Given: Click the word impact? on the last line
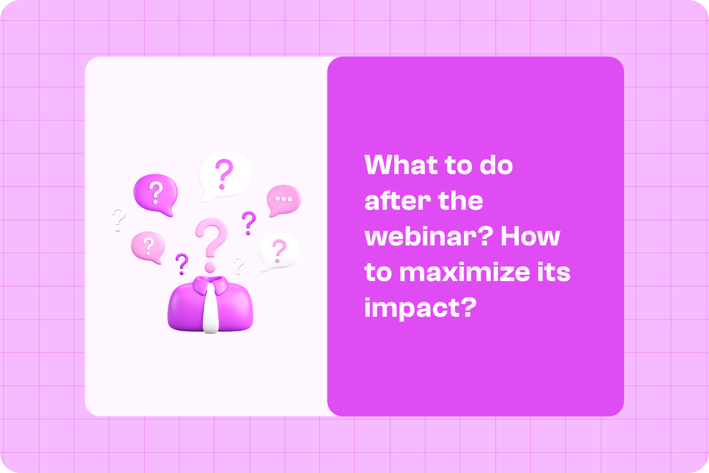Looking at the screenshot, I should tap(420, 308).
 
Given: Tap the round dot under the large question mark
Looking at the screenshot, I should tap(210, 267).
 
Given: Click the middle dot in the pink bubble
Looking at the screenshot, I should tap(284, 199).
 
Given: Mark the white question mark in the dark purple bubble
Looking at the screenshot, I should tap(156, 192).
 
